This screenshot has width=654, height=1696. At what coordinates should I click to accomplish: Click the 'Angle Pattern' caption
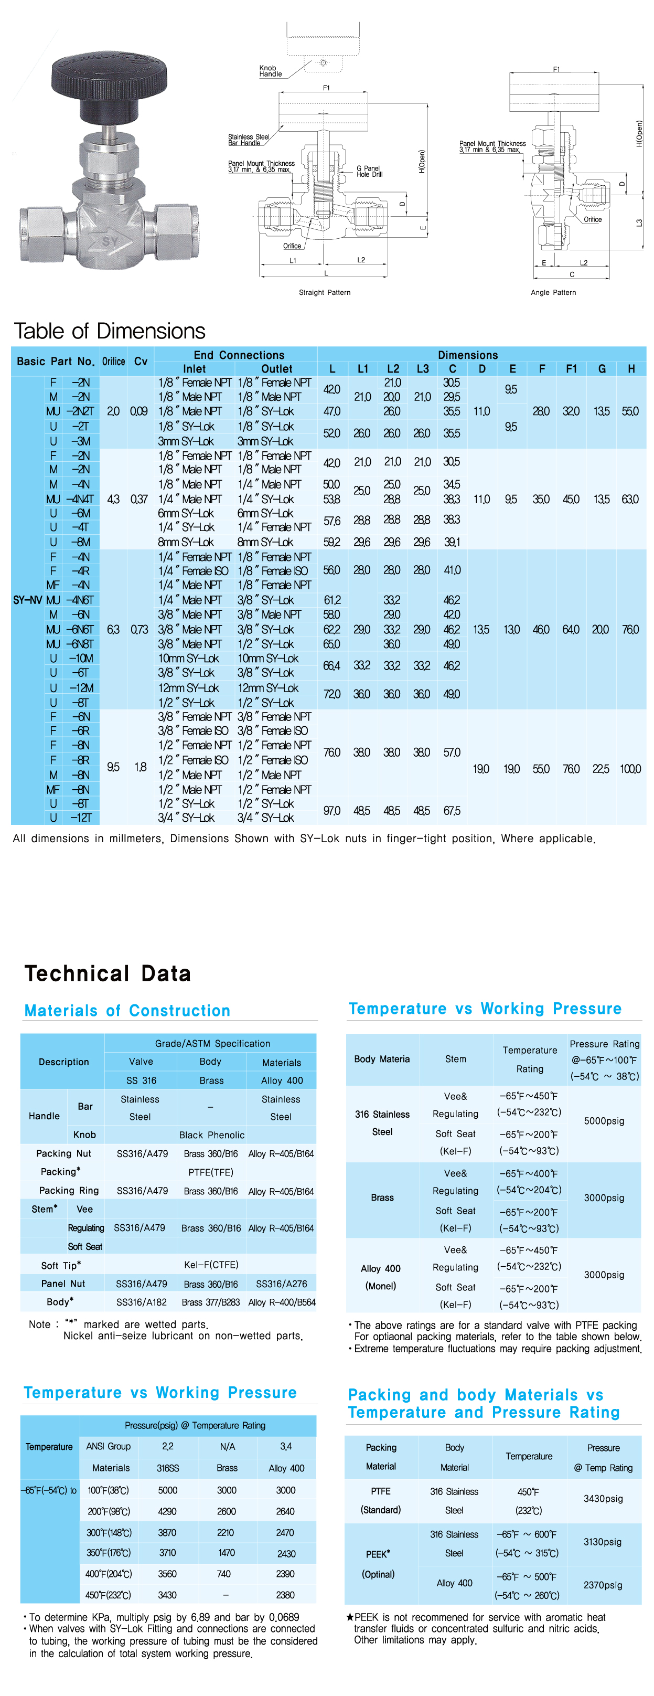click(553, 292)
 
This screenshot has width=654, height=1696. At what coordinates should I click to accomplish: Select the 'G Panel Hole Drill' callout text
click(369, 171)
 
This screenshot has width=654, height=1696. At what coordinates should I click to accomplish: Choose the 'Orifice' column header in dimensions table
click(113, 362)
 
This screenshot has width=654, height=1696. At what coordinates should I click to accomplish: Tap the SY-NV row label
click(27, 600)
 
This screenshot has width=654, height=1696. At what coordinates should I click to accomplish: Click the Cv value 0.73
click(139, 629)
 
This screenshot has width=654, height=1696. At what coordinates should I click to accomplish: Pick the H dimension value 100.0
click(630, 768)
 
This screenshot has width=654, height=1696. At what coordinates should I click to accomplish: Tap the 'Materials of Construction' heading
click(127, 1011)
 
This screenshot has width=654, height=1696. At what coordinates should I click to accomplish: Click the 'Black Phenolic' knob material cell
click(211, 1135)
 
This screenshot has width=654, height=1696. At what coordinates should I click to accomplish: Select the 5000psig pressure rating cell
click(603, 1120)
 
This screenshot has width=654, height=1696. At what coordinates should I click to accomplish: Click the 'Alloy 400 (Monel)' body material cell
click(380, 1277)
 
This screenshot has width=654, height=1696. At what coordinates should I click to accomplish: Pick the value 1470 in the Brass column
click(227, 1552)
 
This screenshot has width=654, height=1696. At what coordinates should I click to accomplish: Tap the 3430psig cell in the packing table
click(603, 1499)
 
